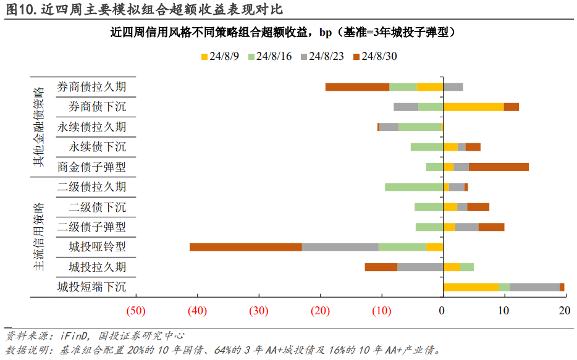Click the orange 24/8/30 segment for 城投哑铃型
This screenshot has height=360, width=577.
[x=246, y=247]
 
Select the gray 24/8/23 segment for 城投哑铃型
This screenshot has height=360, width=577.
[x=340, y=247]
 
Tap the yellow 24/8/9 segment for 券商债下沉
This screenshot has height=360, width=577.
[x=473, y=107]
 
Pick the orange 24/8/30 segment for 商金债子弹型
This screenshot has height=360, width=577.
[x=499, y=167]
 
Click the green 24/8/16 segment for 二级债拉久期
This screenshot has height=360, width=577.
[x=414, y=187]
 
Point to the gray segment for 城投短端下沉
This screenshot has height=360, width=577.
[x=534, y=287]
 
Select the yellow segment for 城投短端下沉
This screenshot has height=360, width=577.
[x=471, y=287]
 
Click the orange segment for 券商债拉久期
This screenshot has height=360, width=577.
[x=357, y=87]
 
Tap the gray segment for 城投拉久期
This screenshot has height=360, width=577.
[x=420, y=267]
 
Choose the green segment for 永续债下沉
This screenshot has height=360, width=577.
[x=427, y=147]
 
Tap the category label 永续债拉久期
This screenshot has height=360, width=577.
[x=91, y=127]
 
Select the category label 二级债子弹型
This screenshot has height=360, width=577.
[x=91, y=227]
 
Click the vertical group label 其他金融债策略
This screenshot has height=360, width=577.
[x=39, y=127]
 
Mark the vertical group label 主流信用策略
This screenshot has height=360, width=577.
[x=39, y=237]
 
